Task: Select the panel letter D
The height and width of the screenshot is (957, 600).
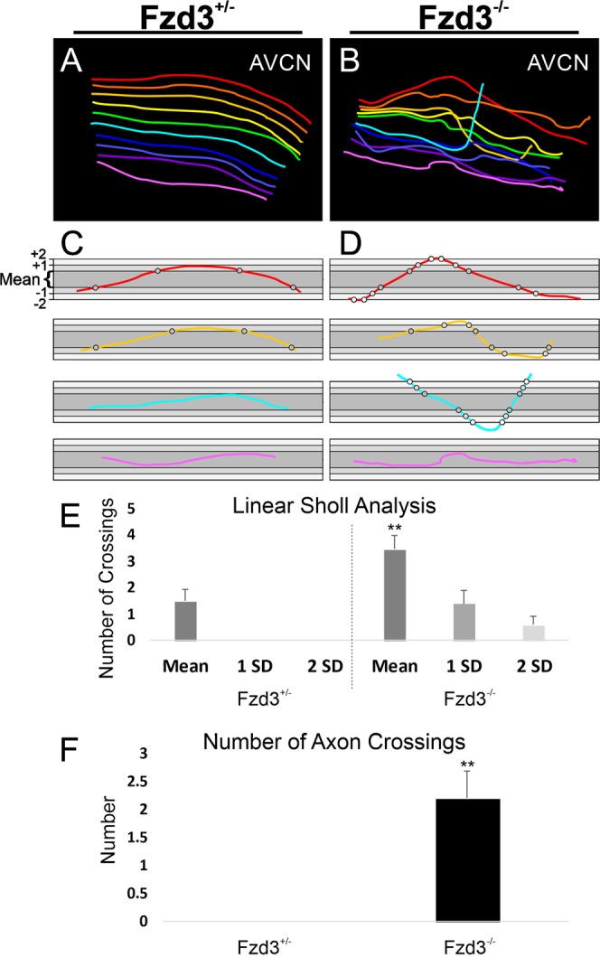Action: tap(347, 242)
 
